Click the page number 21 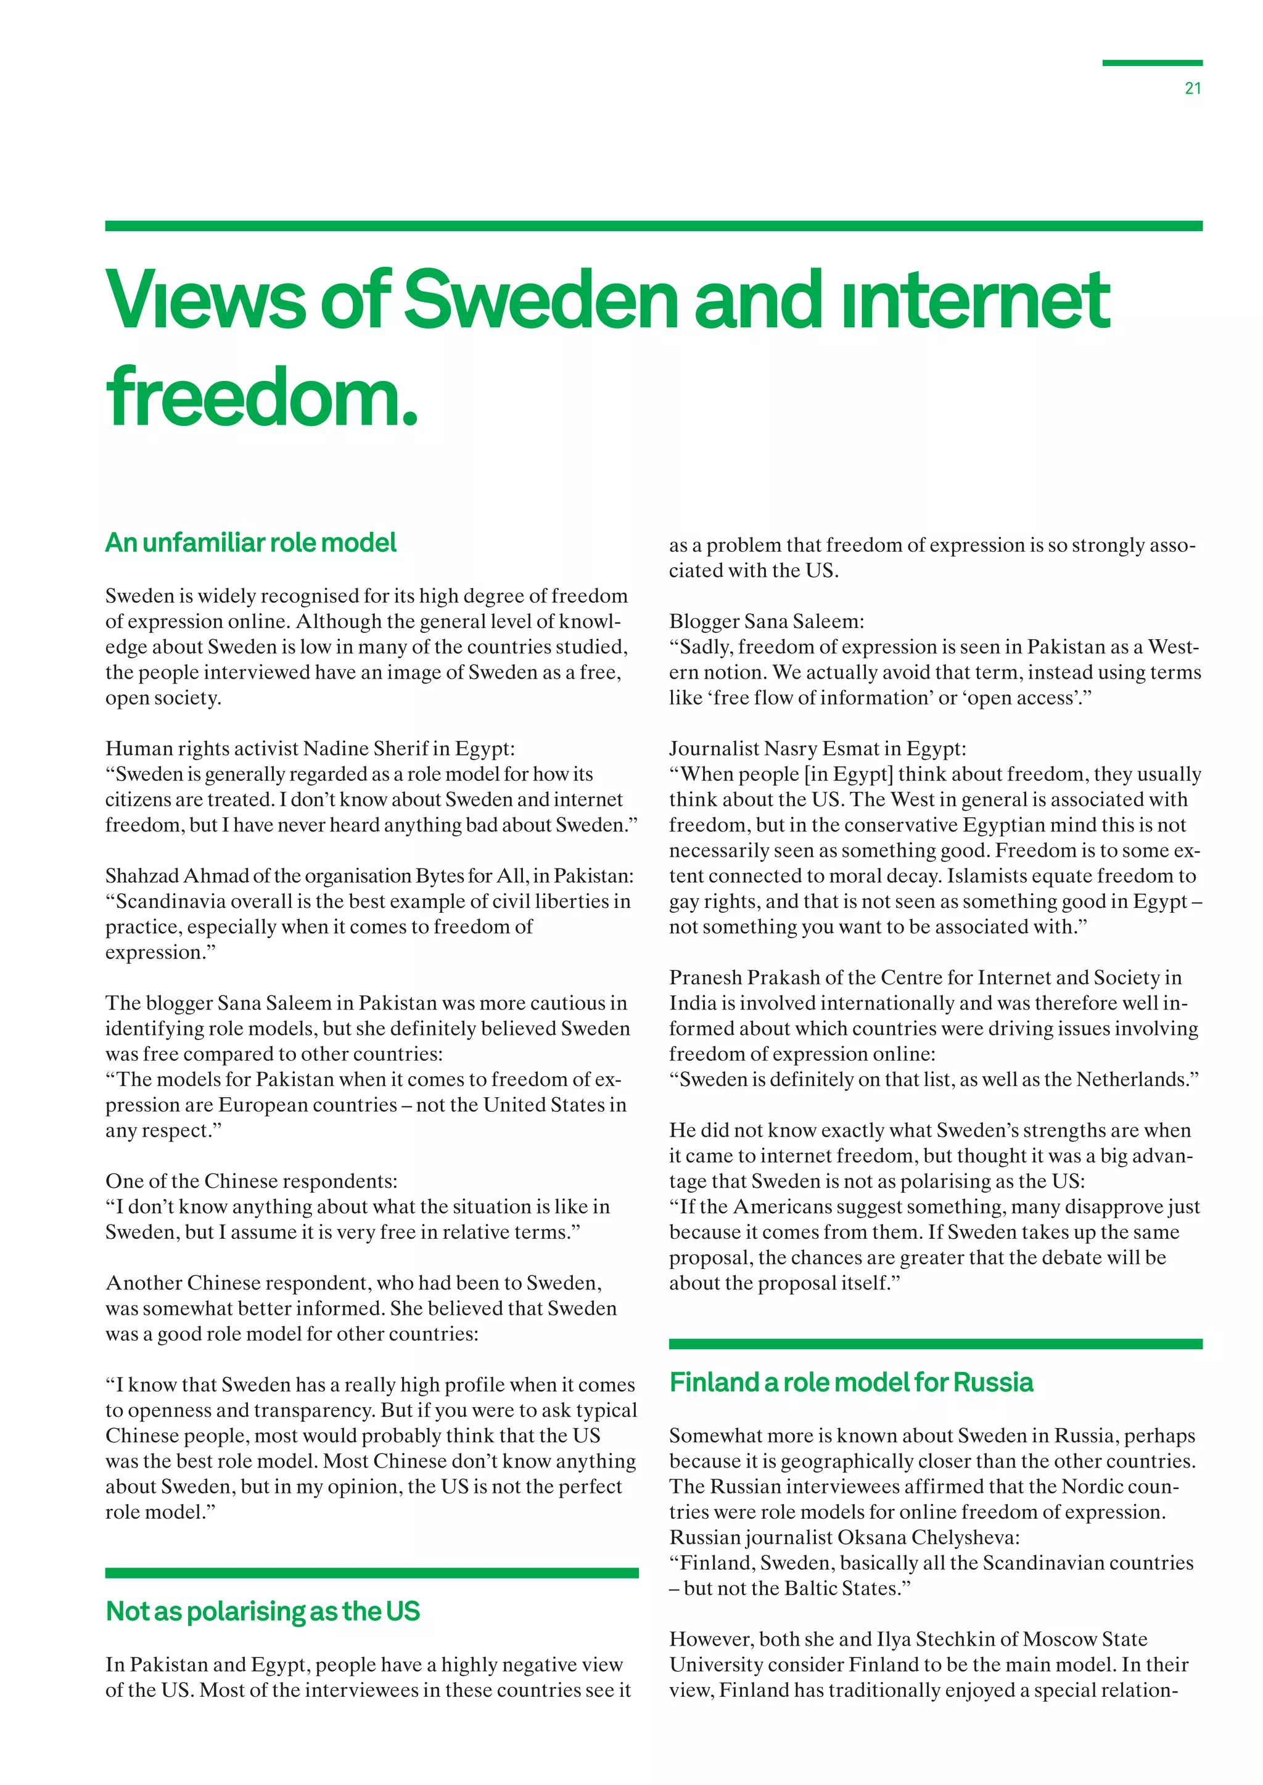coord(1192,89)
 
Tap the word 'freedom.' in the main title coord(262,398)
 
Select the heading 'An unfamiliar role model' coord(250,542)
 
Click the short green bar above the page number coord(1152,63)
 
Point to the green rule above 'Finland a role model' coord(935,1344)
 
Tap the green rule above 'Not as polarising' coord(372,1573)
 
